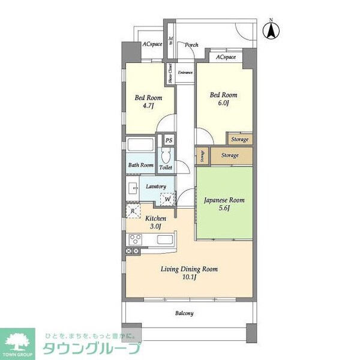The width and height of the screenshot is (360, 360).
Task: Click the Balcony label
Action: tap(184, 313)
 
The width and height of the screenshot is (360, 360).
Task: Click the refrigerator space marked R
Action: tap(132, 211)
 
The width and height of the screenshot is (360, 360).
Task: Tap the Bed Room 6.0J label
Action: tap(223, 99)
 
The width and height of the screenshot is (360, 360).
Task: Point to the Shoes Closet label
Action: tap(170, 73)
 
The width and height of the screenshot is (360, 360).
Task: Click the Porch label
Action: tap(191, 44)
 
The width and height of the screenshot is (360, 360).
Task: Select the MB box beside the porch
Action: tap(170, 42)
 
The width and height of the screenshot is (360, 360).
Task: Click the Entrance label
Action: tap(185, 73)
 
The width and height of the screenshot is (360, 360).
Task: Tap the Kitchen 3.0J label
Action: tap(155, 223)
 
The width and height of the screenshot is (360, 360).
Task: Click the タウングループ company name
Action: tap(90, 349)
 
